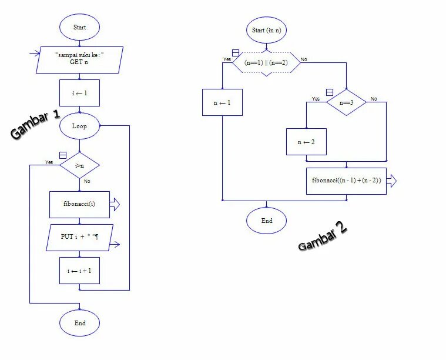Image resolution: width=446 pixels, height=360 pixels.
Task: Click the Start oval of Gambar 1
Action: coord(79,27)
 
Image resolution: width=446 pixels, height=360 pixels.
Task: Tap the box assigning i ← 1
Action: coord(79,93)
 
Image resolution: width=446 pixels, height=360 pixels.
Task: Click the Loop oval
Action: coord(79,126)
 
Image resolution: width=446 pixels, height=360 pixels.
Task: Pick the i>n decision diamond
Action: coord(79,166)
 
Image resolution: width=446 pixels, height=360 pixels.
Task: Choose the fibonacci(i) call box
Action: coord(79,204)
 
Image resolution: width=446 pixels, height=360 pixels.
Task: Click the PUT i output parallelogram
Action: coord(79,237)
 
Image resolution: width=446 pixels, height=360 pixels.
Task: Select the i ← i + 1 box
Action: coord(79,271)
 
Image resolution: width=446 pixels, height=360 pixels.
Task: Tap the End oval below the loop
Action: coord(79,323)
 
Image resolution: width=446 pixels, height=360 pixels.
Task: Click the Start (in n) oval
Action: coord(267,30)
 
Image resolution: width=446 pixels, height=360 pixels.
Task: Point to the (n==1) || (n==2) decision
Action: coord(267,62)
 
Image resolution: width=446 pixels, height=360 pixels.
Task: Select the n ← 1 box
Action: coord(222,102)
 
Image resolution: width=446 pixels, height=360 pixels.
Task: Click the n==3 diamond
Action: coord(346,102)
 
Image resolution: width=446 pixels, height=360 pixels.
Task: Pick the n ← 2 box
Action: coord(306,142)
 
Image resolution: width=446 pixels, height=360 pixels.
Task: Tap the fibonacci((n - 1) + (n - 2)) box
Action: coord(346,181)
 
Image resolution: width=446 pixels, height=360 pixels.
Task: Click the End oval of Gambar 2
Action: coord(266,221)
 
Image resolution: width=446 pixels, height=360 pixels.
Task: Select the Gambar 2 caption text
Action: coord(323,236)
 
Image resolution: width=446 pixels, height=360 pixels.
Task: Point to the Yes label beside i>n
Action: coord(49,162)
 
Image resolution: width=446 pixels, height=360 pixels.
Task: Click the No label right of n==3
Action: coord(374,98)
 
